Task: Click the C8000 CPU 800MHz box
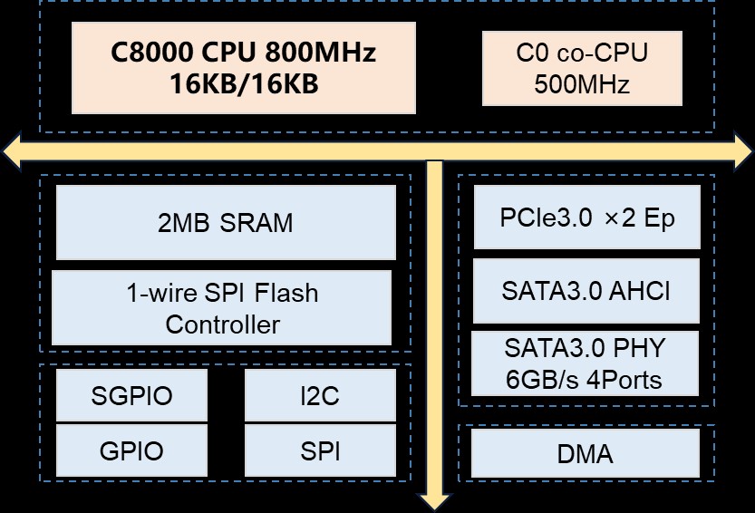point(244,67)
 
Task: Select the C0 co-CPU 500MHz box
point(582,69)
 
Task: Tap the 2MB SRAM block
point(226,222)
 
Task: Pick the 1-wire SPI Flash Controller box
point(222,308)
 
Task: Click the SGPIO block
point(131,396)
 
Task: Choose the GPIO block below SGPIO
point(131,451)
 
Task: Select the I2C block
point(320,396)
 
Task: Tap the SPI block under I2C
point(320,451)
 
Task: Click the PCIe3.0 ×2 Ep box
point(587,218)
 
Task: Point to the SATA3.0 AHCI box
point(587,292)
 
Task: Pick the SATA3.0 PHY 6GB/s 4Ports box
point(586,363)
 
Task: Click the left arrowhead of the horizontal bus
point(11,150)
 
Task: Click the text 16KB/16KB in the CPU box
point(244,84)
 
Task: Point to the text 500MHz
point(582,85)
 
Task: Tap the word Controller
point(222,324)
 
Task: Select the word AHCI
point(642,292)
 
